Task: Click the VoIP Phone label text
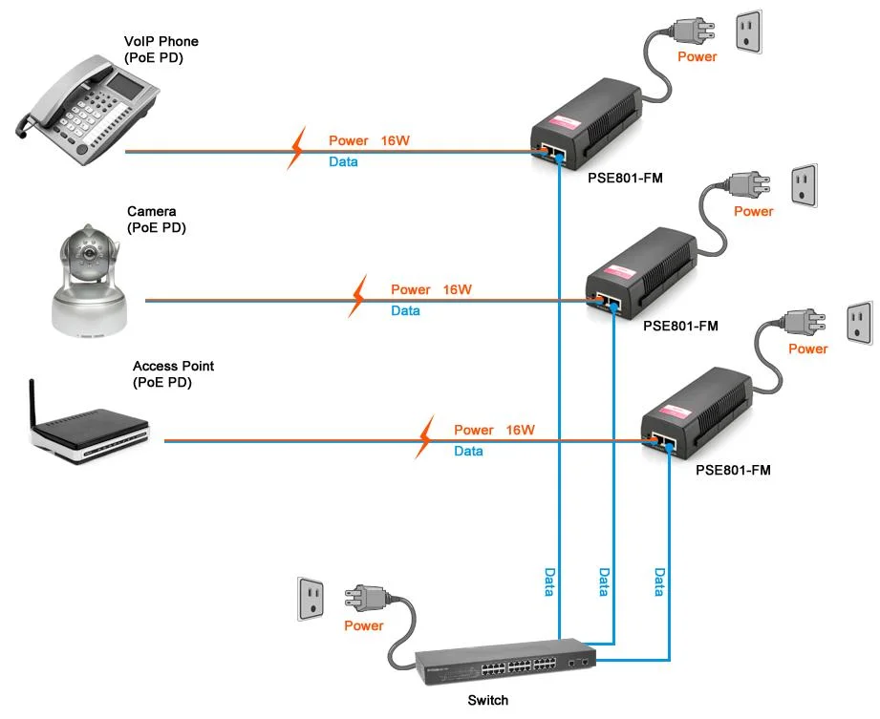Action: click(161, 42)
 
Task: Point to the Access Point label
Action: click(173, 366)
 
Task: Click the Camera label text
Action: click(151, 211)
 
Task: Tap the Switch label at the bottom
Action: click(487, 701)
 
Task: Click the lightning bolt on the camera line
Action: click(358, 297)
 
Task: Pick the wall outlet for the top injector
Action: click(748, 32)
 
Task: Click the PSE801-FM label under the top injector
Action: click(626, 177)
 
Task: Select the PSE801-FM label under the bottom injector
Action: click(733, 470)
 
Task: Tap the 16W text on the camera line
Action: click(458, 289)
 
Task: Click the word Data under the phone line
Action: click(343, 162)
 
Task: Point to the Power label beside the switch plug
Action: click(363, 626)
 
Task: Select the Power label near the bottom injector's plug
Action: click(807, 349)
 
